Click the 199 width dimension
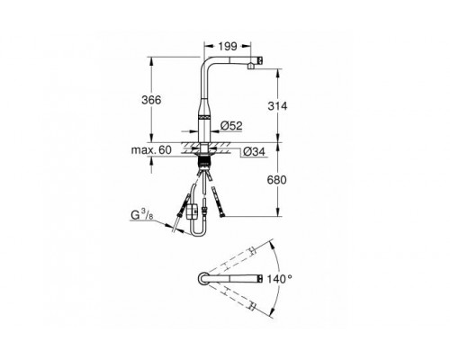[228, 47]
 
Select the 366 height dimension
[151, 100]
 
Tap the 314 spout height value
[277, 106]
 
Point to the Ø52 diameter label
[231, 126]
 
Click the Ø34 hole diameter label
[254, 152]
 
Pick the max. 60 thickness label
[151, 149]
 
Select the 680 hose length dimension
[276, 180]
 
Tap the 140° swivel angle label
[279, 279]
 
